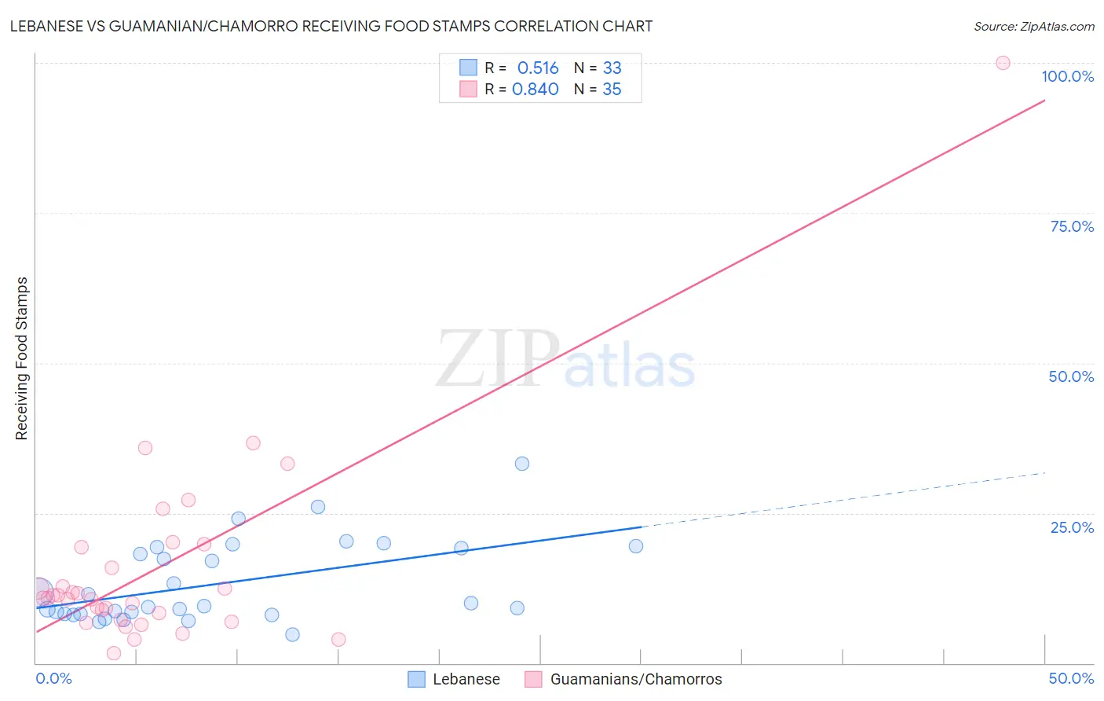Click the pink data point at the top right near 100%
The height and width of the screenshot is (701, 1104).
(1003, 63)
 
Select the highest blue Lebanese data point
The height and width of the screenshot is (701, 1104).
(522, 464)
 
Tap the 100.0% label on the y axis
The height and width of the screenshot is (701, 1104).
(1067, 76)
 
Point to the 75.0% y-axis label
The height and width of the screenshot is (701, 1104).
(1072, 226)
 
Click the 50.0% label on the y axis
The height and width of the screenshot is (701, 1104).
(1071, 376)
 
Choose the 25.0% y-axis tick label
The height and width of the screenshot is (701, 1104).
(1072, 527)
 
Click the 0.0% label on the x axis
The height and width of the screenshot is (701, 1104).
(54, 678)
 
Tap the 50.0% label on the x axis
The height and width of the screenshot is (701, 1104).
(1071, 678)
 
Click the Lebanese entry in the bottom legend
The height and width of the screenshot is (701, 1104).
(466, 679)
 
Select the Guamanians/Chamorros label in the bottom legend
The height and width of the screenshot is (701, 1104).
(635, 679)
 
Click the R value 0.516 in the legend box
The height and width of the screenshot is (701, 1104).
(538, 68)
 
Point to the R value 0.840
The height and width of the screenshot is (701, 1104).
(536, 90)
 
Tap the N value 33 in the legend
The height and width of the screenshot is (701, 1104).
(612, 68)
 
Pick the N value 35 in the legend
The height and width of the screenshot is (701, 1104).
(612, 90)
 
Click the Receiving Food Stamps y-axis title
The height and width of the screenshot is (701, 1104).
(22, 358)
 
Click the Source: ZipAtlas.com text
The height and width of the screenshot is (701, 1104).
(1033, 27)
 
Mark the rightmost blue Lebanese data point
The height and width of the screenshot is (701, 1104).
(636, 546)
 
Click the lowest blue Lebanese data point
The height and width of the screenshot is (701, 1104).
(292, 634)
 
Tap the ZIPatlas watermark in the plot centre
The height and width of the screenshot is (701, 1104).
(565, 360)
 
